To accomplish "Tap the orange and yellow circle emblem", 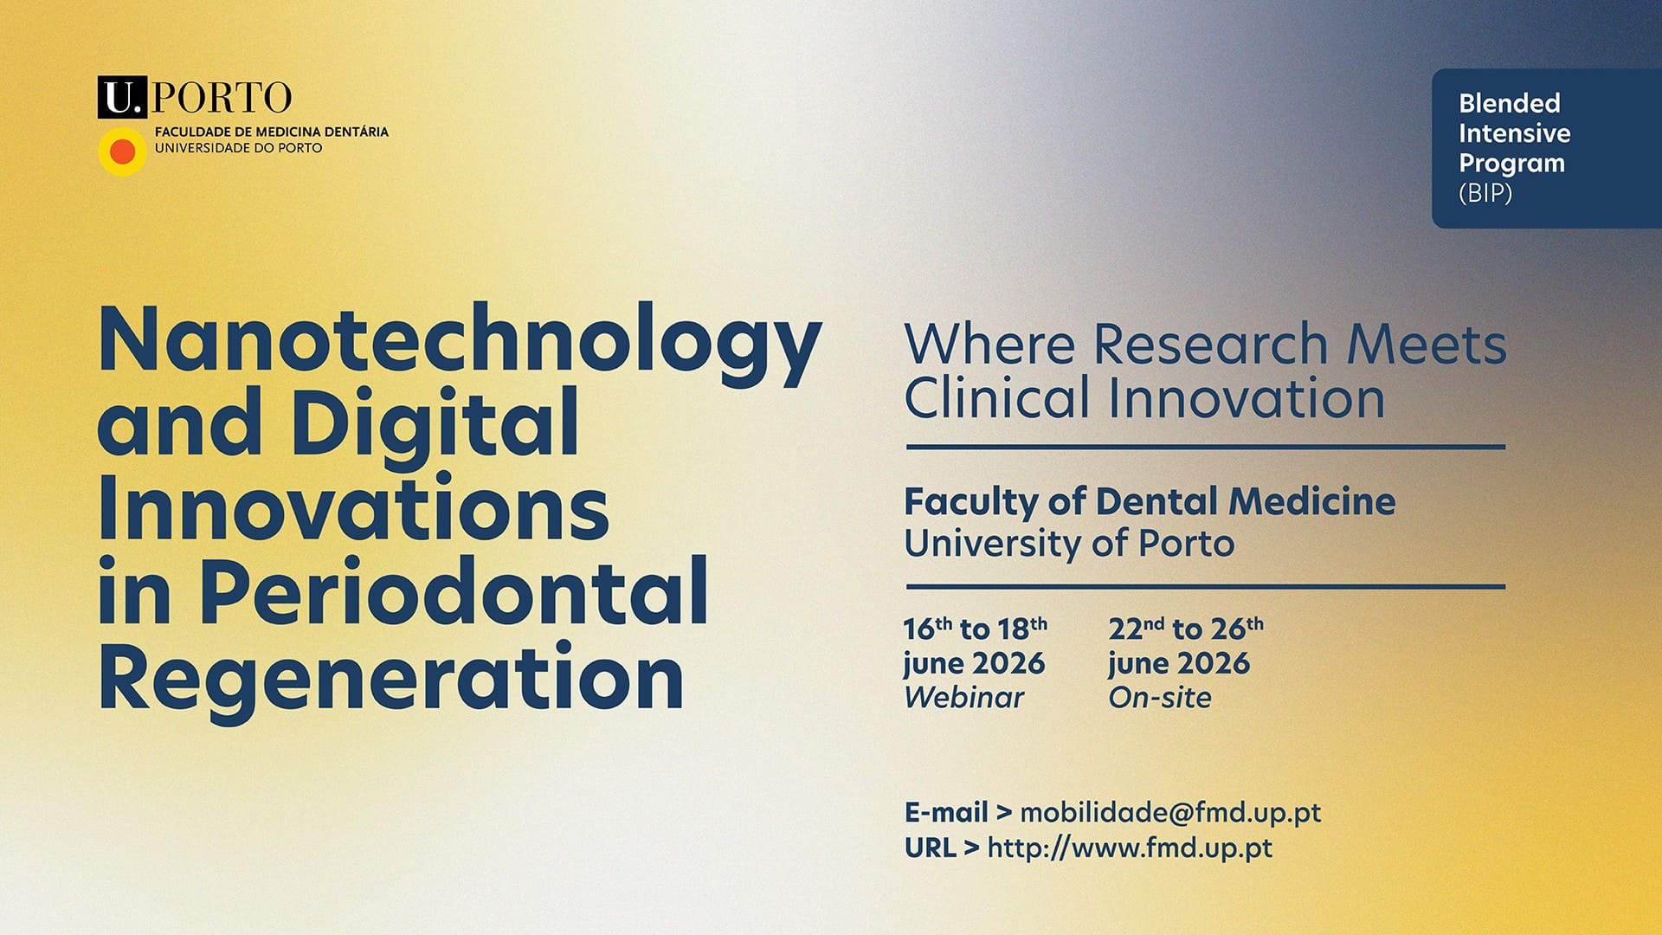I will point(123,152).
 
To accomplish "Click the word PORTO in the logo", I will point(222,98).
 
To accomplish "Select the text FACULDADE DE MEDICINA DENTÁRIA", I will point(271,132).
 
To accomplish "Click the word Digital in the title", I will point(435,424).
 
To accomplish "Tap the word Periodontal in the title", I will point(454,592).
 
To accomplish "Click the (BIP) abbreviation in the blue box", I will point(1485,193).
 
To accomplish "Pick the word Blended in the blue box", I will point(1509,103).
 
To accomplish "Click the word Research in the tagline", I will point(1210,345).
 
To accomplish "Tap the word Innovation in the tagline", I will point(1246,399).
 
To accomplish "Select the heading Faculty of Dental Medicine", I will point(1150,502).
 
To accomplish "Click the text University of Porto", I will point(1069,544).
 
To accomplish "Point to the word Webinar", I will point(963,698).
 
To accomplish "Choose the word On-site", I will point(1160,698).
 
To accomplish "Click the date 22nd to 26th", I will point(1185,629).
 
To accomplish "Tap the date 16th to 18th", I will point(975,629).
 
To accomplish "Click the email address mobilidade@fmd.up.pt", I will point(1170,812).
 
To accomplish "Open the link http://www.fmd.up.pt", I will point(1130,848).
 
